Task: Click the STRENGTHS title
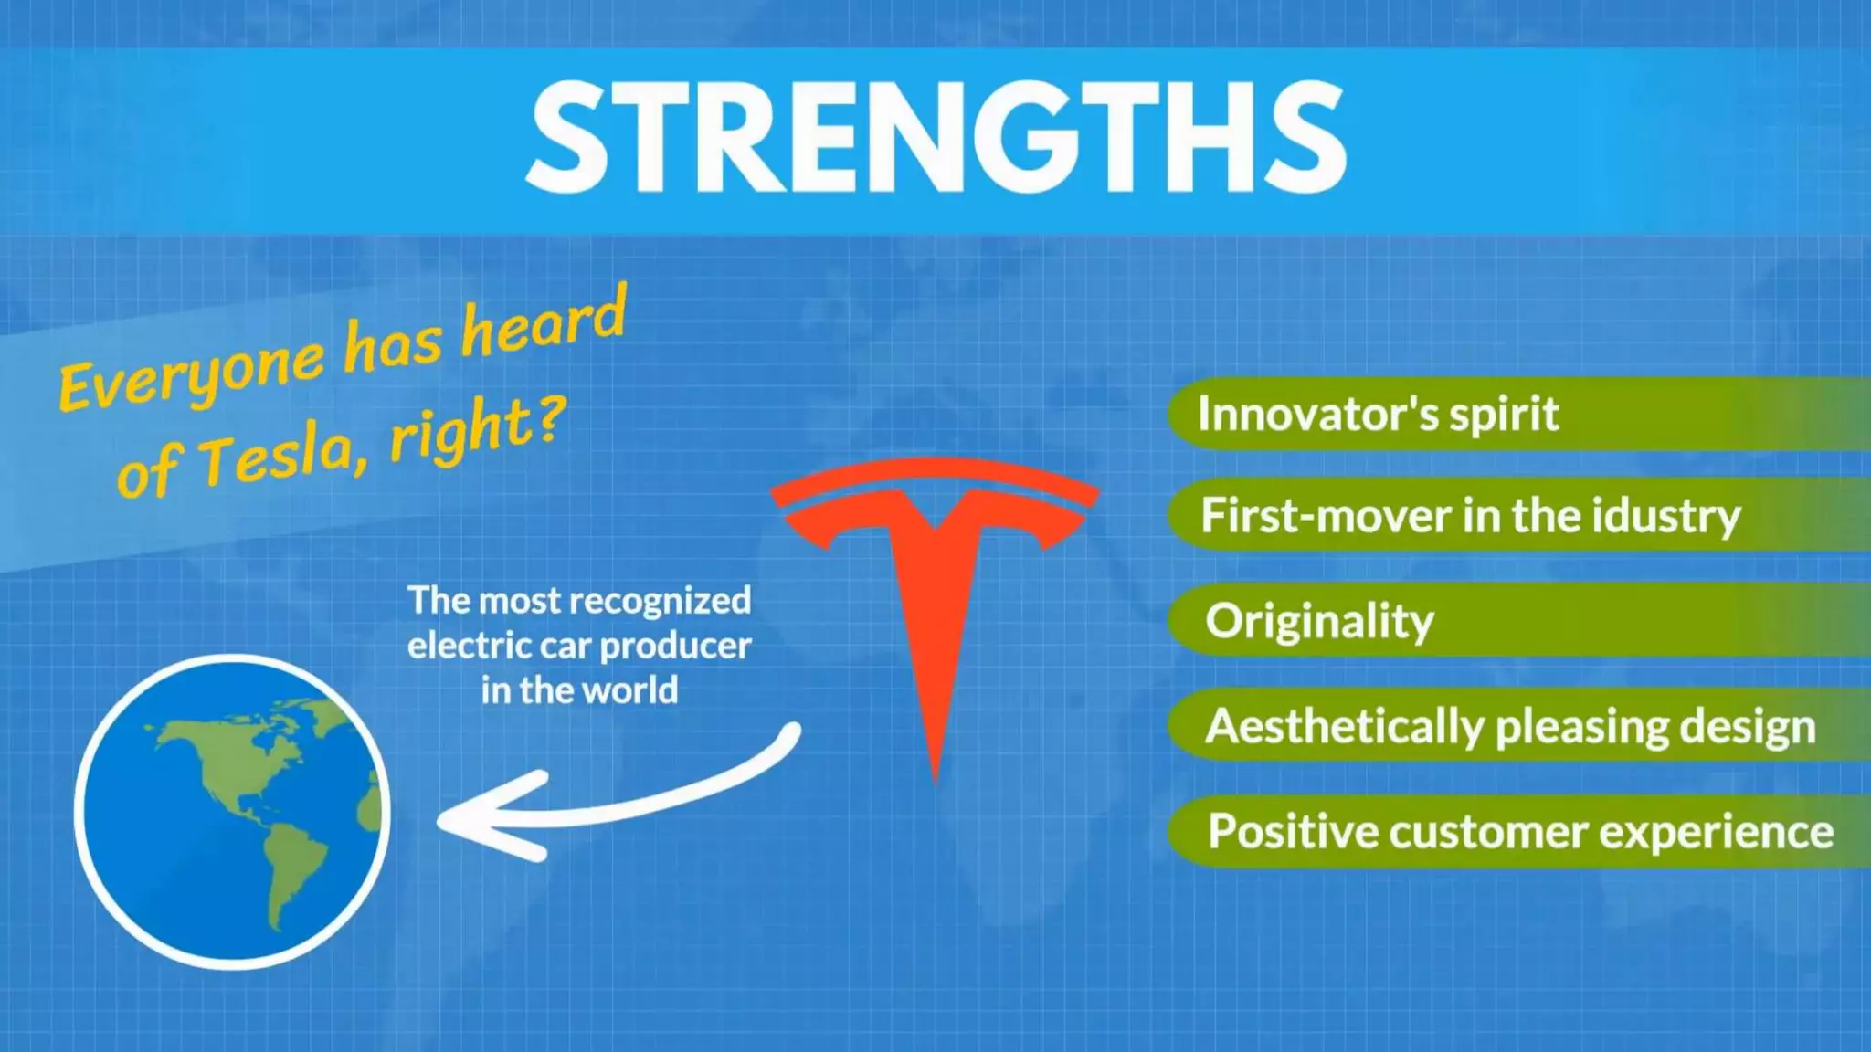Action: pyautogui.click(x=935, y=137)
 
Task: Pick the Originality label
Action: pyautogui.click(x=1319, y=622)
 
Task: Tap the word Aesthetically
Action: pyautogui.click(x=1343, y=727)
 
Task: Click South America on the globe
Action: pyautogui.click(x=292, y=868)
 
